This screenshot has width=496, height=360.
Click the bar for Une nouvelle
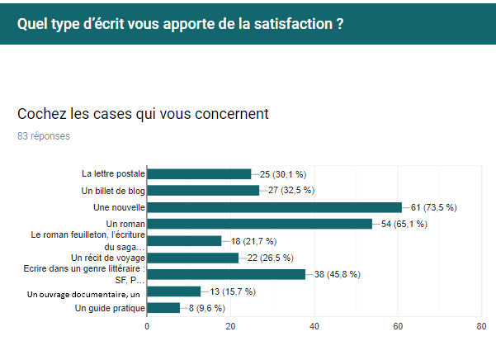pos(274,207)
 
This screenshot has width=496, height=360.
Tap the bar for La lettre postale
pos(199,174)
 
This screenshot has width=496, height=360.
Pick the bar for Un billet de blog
pos(203,191)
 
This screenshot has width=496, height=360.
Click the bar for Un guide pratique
pos(163,308)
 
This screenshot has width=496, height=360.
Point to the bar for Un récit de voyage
pos(192,258)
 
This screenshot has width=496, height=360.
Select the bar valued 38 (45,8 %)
pos(226,274)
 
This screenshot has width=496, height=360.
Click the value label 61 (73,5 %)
pos(435,207)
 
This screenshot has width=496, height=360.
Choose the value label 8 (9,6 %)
pos(207,308)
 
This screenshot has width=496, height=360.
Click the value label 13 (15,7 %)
pos(233,291)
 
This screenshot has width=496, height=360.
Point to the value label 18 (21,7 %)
pos(253,241)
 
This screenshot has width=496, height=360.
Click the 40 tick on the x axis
pos(314,326)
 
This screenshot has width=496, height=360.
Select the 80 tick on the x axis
pos(481,326)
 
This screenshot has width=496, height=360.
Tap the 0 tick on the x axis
pos(147,326)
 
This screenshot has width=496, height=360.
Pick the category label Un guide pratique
pos(109,308)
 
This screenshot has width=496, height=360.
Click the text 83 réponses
pos(44,136)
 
